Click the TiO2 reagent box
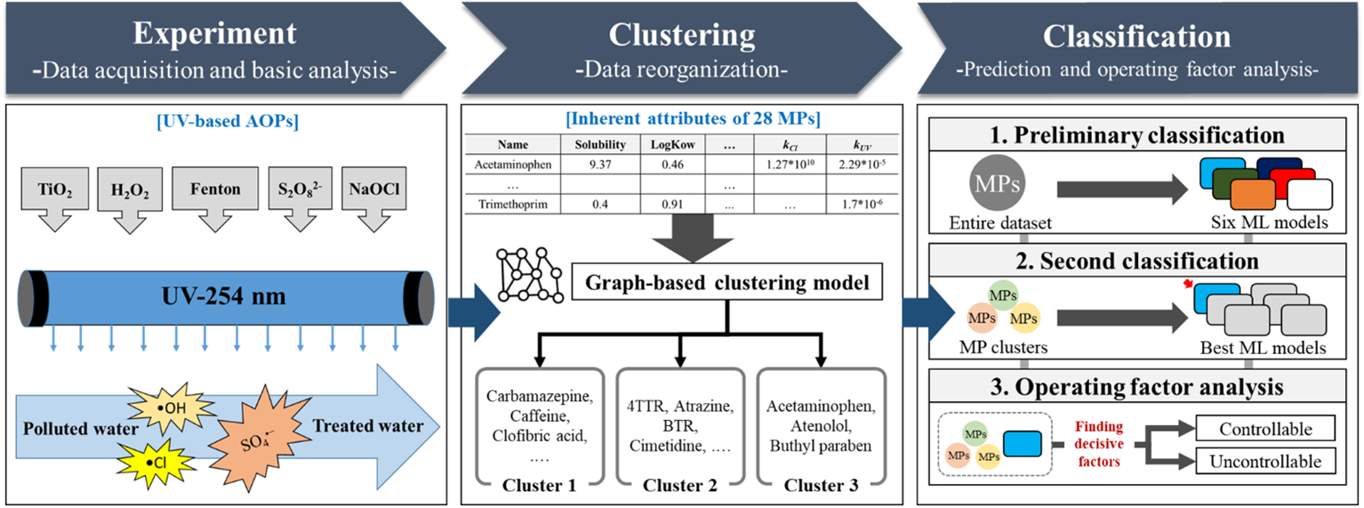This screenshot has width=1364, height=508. (x=51, y=189)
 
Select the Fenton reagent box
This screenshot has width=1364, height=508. (x=215, y=189)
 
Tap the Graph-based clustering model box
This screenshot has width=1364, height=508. (x=727, y=284)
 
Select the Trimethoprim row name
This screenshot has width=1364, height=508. (x=513, y=205)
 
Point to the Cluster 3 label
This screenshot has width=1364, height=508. (x=820, y=485)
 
